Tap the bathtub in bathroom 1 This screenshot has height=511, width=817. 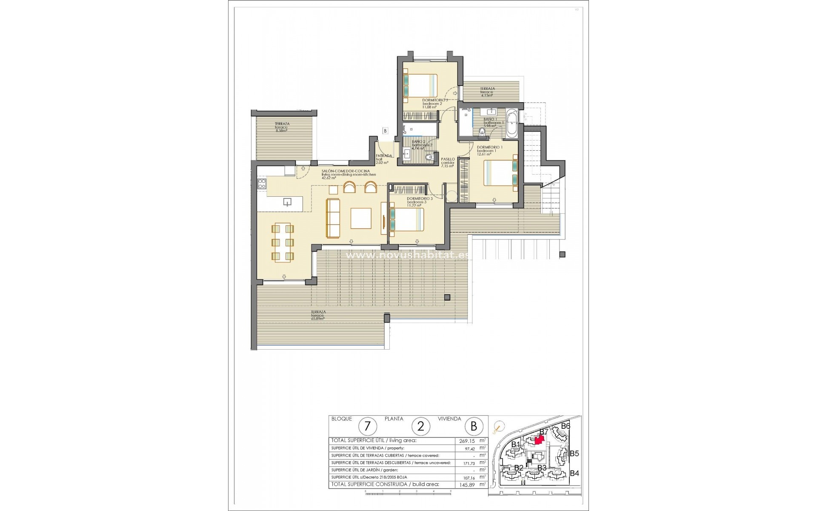(x=512, y=123)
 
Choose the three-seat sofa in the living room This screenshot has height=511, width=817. (x=333, y=218)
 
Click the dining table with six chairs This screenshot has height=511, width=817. (x=283, y=241)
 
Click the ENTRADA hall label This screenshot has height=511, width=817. (x=383, y=156)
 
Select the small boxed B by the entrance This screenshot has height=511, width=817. (x=385, y=131)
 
